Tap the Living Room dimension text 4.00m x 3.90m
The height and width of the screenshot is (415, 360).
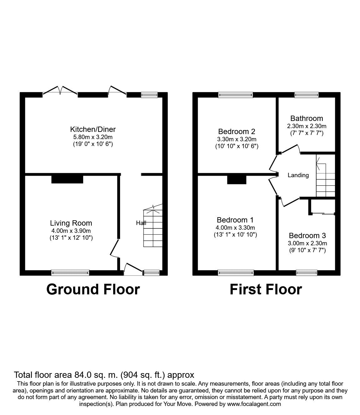click(x=71, y=231)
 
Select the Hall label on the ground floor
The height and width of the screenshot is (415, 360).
click(x=141, y=223)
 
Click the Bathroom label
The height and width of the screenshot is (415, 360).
click(x=307, y=118)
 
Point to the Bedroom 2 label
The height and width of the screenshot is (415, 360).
click(x=237, y=131)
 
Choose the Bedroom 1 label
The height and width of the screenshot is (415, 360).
click(x=235, y=220)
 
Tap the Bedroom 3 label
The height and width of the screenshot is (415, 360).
click(x=307, y=236)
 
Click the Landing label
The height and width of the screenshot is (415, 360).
click(x=298, y=175)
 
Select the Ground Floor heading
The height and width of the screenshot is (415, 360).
click(x=93, y=289)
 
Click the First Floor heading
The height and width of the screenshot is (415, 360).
click(x=266, y=289)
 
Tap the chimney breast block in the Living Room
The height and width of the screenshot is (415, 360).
click(x=67, y=179)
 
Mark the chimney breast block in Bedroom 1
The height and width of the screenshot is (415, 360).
click(x=236, y=179)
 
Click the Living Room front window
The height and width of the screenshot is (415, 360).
click(x=70, y=273)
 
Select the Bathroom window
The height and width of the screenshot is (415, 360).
click(x=306, y=95)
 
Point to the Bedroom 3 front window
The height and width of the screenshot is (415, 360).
click(x=307, y=273)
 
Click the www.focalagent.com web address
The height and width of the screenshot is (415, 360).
click(x=254, y=404)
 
